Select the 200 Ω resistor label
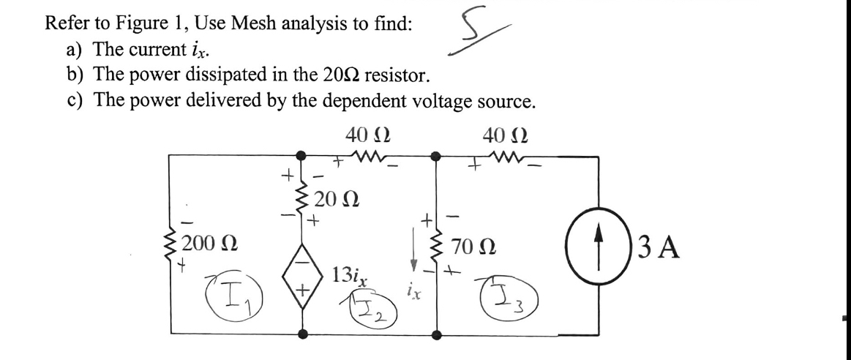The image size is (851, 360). [x=209, y=243]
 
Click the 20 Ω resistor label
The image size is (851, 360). [x=339, y=198]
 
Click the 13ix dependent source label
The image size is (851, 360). [x=348, y=277]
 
